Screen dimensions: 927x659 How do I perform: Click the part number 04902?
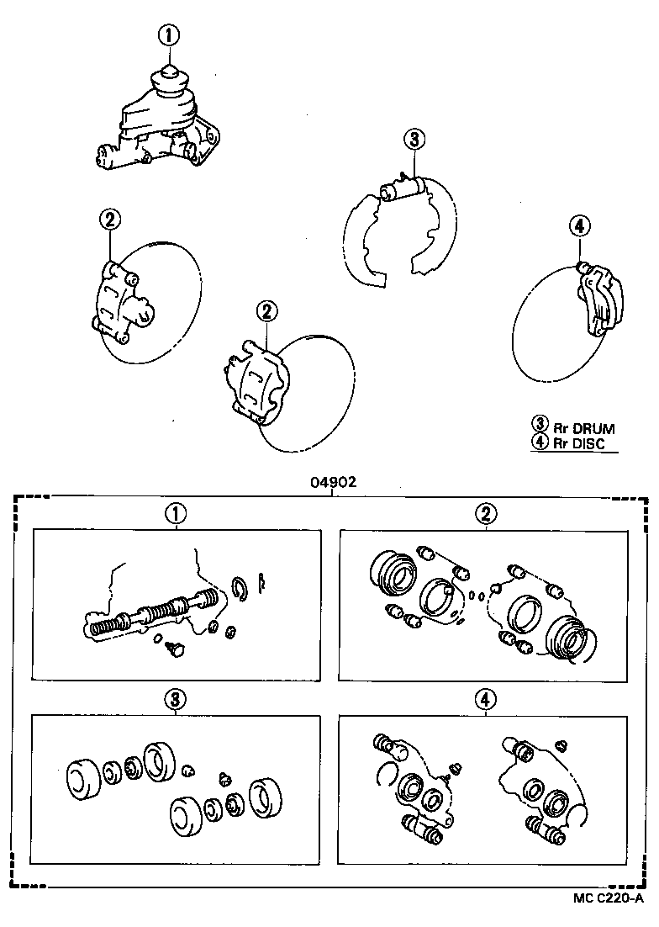tap(334, 482)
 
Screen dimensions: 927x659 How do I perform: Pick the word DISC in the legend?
tap(588, 443)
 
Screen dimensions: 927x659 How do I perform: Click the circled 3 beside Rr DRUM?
tap(540, 426)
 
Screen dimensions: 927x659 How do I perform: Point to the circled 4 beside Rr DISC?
tap(540, 443)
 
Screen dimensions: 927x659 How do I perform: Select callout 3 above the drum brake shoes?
tap(414, 140)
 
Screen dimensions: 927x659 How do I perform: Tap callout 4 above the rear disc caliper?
tap(579, 225)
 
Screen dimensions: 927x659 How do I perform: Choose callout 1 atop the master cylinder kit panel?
tap(175, 512)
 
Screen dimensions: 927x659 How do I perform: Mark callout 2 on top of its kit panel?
tap(485, 512)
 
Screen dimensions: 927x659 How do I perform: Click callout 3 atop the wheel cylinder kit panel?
tap(175, 697)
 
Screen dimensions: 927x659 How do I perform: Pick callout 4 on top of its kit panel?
tap(485, 697)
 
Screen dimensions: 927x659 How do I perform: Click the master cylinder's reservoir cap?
tap(170, 80)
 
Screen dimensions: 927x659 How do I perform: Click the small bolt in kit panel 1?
tap(176, 648)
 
